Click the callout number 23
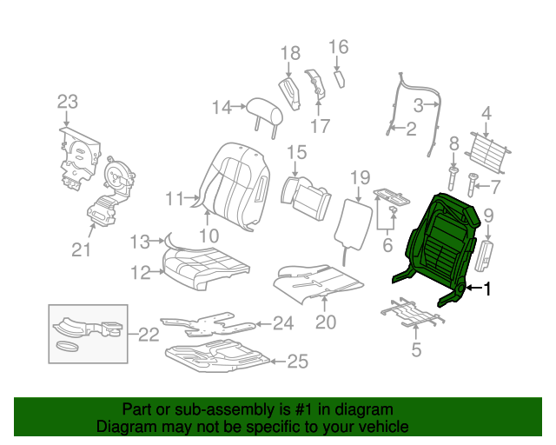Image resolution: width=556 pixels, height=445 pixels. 68,102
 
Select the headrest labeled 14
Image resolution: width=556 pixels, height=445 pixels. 265,113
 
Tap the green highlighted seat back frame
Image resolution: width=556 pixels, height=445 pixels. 440,245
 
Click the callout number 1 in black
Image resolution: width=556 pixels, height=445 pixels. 488,289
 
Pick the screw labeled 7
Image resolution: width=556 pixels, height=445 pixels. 472,184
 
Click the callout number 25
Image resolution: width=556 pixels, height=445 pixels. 297,362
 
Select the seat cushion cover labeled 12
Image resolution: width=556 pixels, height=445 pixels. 206,268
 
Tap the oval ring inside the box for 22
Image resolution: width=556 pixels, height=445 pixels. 67,346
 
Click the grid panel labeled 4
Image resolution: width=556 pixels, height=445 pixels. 487,153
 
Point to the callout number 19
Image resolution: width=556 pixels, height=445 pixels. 361,178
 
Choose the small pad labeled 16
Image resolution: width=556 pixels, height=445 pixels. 340,79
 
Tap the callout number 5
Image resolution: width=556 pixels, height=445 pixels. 416,349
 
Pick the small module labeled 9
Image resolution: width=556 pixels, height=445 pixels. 484,256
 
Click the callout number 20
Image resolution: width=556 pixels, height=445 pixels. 326,322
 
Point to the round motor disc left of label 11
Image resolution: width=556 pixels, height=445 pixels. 118,175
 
